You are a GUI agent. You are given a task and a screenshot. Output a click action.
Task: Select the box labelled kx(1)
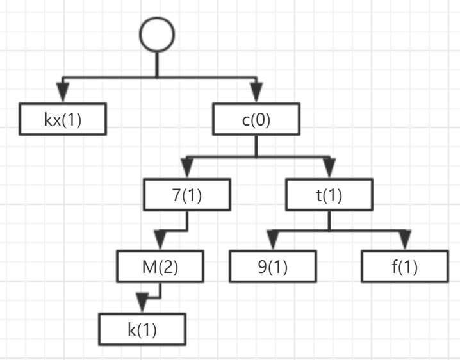(62, 119)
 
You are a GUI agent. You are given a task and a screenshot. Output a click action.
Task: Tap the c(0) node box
(256, 119)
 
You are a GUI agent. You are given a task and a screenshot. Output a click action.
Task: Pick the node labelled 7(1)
(187, 195)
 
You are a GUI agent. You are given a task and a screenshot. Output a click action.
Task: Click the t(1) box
(329, 195)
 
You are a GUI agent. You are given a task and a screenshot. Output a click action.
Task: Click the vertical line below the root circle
(157, 64)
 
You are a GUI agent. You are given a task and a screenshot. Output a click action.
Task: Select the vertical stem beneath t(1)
(329, 219)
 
